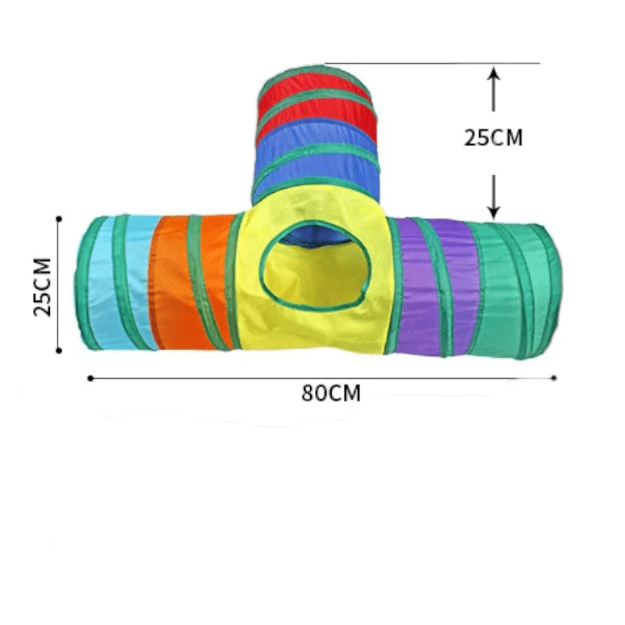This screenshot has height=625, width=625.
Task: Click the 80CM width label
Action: [331, 394]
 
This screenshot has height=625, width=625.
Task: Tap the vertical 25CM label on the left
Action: [44, 286]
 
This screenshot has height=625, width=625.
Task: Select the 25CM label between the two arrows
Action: [493, 137]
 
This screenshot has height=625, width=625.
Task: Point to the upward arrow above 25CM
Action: [493, 87]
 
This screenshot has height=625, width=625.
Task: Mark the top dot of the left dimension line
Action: [59, 218]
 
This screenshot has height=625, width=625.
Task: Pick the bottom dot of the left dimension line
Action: [59, 351]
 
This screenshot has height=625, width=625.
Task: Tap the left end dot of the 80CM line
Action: [91, 378]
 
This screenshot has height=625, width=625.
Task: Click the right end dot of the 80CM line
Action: [554, 378]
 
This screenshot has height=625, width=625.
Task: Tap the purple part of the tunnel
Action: [437, 285]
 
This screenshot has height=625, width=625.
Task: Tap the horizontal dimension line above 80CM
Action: [234, 378]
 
